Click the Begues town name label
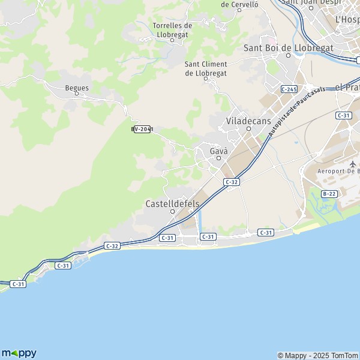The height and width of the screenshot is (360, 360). coord(77,88)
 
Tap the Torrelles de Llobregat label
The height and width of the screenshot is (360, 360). coord(172,30)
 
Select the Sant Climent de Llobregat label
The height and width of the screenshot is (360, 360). coord(206,68)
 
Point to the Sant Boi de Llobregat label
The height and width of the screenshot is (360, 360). coord(288,47)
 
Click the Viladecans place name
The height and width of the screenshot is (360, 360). coord(249,121)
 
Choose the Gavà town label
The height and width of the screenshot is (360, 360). coord(218,151)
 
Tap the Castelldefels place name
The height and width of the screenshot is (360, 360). coord(172,203)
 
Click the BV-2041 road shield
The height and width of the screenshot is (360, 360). coord(142,129)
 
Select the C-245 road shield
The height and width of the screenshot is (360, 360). coord(289,89)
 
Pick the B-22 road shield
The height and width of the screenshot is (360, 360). coord(329,193)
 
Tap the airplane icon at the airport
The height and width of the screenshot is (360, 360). coord(352,163)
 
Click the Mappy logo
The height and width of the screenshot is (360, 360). coord(19,353)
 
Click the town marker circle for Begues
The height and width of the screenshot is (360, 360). coord(77,95)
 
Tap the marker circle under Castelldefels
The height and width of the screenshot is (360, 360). coord(172,211)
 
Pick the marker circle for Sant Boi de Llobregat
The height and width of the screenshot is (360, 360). coord(288,55)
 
